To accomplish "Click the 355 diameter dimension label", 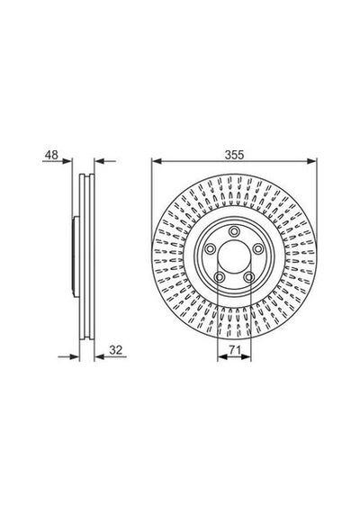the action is click(234, 155).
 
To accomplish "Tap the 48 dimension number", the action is click(51, 155).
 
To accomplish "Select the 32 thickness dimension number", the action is click(115, 350).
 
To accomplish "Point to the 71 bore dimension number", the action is click(234, 350).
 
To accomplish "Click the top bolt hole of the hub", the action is click(234, 231).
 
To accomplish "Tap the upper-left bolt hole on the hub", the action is click(210, 249).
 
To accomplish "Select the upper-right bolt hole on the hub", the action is click(258, 249).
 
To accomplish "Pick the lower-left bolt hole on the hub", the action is click(219, 277).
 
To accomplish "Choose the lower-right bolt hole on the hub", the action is click(249, 277).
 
